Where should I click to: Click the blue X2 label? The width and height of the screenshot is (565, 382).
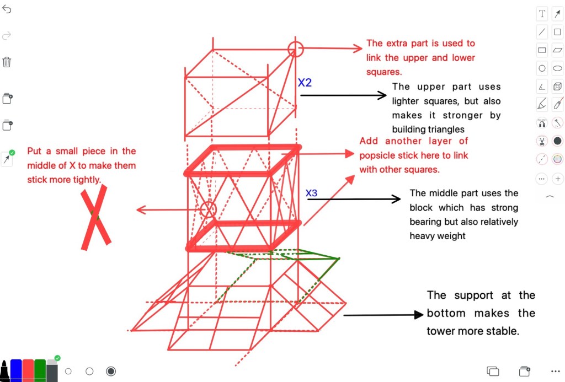[x=305, y=83]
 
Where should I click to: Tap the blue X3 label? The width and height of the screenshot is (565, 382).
[x=312, y=193]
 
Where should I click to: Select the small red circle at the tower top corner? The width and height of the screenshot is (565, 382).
[x=296, y=49]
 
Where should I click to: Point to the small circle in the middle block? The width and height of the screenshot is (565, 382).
[x=208, y=209]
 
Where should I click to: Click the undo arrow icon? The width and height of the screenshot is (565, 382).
[x=7, y=10]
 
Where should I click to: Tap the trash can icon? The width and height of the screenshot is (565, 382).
[x=7, y=62]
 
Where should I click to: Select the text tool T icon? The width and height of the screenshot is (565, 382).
[x=542, y=14]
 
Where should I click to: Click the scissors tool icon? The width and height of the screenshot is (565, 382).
[x=542, y=141]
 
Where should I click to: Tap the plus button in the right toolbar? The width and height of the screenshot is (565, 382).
[x=558, y=179]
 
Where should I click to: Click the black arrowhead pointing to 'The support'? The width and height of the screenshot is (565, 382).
[x=419, y=315]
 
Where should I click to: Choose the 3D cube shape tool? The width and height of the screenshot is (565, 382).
[x=558, y=86]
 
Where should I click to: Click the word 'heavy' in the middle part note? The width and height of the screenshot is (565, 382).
[x=420, y=235]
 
